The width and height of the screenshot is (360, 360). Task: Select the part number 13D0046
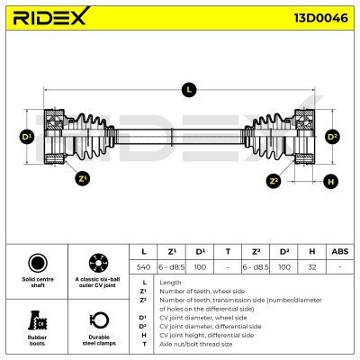click(x=320, y=18)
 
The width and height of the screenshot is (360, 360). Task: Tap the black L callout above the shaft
click(x=189, y=89)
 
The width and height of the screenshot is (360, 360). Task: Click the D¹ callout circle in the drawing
click(x=27, y=137)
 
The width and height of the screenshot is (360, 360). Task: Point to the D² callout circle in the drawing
click(x=332, y=137)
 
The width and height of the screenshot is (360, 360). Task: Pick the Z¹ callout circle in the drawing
click(x=82, y=179)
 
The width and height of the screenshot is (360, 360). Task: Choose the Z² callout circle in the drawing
click(x=274, y=181)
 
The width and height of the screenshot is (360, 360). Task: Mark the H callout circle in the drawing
click(x=330, y=182)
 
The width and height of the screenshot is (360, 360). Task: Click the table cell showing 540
click(x=143, y=266)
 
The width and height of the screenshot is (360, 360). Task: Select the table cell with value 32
click(x=312, y=266)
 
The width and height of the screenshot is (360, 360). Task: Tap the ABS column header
click(x=340, y=251)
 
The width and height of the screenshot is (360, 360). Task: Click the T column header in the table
click(x=228, y=251)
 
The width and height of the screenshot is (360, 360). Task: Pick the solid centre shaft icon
click(x=38, y=263)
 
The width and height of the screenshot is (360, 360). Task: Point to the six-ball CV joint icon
click(x=98, y=263)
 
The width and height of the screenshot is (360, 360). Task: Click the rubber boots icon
click(x=37, y=320)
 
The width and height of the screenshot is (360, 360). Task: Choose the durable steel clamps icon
click(x=99, y=321)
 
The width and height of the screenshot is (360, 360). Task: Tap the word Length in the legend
click(x=170, y=283)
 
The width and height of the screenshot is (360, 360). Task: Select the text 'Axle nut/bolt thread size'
click(x=196, y=344)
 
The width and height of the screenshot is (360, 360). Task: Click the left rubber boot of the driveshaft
click(x=89, y=137)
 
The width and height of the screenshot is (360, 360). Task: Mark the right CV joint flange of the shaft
click(x=305, y=137)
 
